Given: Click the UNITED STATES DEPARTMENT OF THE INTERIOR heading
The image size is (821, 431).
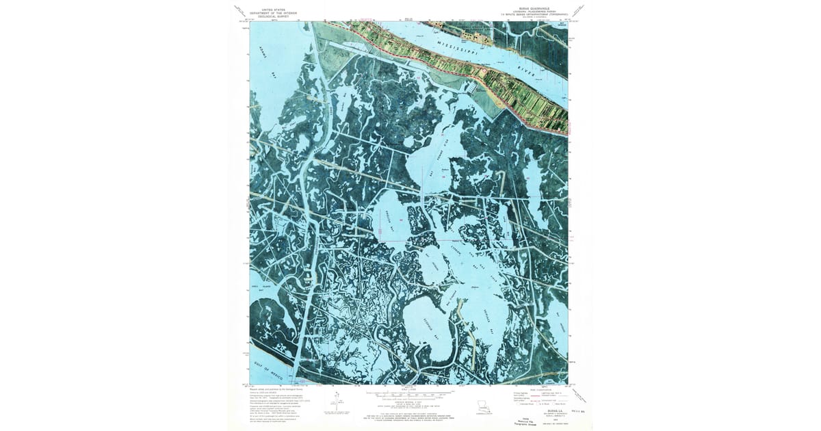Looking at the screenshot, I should tap(274, 12).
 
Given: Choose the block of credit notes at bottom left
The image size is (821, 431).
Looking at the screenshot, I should tap(274, 404).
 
